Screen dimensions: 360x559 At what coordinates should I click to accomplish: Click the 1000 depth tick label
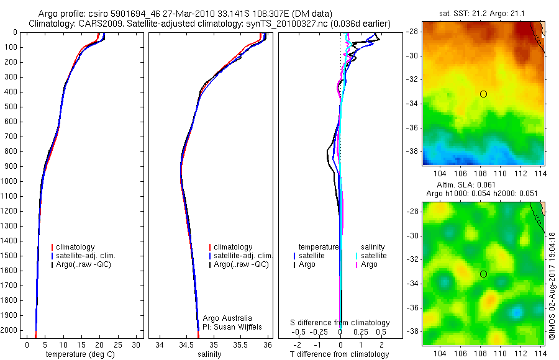click(11, 181)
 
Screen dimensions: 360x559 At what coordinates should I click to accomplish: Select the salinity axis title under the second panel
click(209, 354)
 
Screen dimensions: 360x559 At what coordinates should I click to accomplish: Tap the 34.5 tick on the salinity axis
click(186, 343)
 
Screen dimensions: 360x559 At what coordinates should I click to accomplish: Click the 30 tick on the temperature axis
click(137, 343)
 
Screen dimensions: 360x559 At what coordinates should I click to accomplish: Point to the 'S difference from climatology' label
click(340, 323)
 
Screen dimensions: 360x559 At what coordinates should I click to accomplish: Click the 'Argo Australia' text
click(229, 318)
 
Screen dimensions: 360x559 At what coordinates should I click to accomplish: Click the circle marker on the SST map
click(483, 94)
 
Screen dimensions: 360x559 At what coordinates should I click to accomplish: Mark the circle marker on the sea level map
click(483, 274)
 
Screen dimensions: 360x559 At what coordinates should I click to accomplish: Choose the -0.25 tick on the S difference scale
click(320, 333)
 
